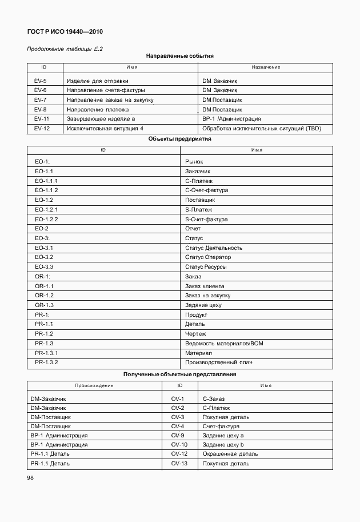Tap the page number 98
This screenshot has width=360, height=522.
[x=30, y=478]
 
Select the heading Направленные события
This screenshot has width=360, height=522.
[x=180, y=56]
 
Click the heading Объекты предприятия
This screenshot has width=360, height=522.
[x=180, y=138]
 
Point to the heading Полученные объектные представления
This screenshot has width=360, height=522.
[x=180, y=374]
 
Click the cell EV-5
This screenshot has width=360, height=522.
[x=41, y=81]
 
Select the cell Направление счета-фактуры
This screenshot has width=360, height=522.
[x=106, y=90]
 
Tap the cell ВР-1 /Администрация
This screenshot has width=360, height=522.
[x=231, y=119]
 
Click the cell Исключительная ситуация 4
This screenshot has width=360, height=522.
[x=105, y=128]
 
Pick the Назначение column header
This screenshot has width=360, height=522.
[x=266, y=67]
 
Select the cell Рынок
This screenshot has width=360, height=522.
[x=194, y=162]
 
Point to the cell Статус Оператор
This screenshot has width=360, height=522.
[x=208, y=257]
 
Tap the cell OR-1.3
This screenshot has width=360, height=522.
[x=44, y=305]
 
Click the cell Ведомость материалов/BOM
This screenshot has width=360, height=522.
[x=224, y=343]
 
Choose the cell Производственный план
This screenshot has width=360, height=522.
[x=218, y=362]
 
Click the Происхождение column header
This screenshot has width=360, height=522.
[x=94, y=385]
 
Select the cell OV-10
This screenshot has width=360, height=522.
[x=179, y=444]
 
